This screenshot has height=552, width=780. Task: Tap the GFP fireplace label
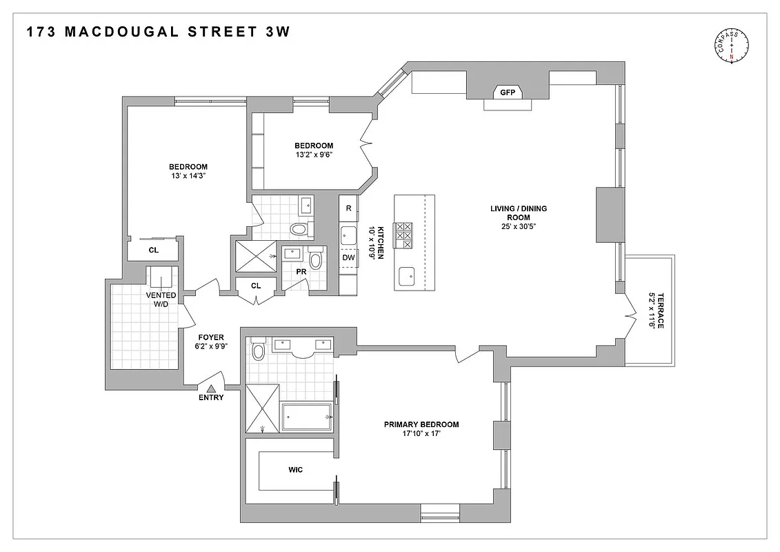pos(508,92)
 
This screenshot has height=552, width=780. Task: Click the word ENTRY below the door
pos(211,398)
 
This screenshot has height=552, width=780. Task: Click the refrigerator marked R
pos(348,208)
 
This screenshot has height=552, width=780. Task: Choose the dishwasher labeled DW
pos(348,257)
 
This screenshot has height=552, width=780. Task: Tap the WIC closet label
pos(295,470)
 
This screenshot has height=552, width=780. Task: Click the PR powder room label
pos(301,272)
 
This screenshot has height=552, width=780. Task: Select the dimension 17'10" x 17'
pos(421,434)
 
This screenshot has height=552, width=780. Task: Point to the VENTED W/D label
pos(161,299)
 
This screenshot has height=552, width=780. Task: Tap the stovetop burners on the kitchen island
pos(403,235)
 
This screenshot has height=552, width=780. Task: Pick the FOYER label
pos(211,337)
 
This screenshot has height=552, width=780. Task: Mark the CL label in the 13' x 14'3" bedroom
pos(153,250)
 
